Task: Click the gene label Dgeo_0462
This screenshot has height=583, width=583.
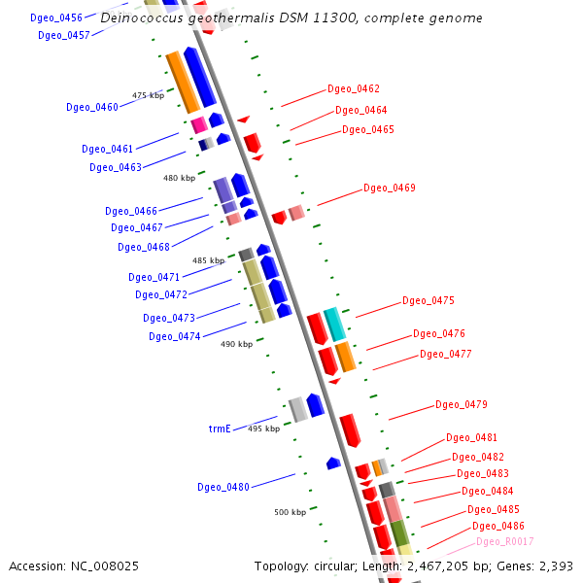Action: coord(354,88)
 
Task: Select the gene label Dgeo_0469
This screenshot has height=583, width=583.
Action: coord(390,188)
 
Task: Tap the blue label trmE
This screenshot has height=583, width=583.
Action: coord(220,428)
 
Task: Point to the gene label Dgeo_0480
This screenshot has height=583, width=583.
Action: coord(223,487)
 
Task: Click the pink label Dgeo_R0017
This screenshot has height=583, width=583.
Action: coord(505,541)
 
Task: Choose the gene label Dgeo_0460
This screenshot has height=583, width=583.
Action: coord(92,107)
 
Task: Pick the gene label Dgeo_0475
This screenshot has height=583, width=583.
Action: coord(429,300)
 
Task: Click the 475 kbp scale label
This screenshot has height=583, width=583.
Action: coord(149,95)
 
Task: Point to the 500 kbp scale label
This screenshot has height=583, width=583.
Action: coord(290,512)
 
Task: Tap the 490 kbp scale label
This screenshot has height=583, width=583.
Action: coord(236,344)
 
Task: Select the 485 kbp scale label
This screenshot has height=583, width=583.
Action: coord(208,260)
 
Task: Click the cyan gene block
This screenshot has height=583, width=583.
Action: coord(334,323)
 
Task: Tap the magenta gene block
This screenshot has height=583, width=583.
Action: coord(198,124)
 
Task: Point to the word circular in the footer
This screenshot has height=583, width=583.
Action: coord(340,566)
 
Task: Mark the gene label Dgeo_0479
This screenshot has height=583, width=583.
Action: coord(462,404)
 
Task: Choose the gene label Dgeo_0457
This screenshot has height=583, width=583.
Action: coord(64,35)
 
